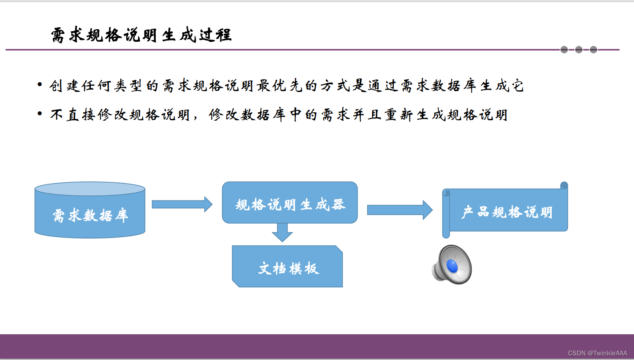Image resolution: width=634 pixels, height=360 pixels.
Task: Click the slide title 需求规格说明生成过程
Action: [x=141, y=35]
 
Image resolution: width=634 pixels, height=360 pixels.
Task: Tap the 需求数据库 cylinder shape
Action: [x=90, y=216]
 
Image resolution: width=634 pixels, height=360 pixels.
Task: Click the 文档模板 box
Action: [x=288, y=268]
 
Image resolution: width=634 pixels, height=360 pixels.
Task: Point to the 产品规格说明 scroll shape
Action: [x=507, y=211]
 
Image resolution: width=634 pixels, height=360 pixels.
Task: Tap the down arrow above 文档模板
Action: [x=282, y=233]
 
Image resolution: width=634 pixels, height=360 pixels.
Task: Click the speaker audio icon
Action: [x=452, y=265]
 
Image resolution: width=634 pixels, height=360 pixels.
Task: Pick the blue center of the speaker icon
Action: [x=452, y=266]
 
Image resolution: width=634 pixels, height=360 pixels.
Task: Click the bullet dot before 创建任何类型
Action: [x=40, y=85]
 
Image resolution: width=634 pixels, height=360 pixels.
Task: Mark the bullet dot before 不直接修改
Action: [x=40, y=114]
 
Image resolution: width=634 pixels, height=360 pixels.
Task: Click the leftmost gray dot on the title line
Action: [x=564, y=50]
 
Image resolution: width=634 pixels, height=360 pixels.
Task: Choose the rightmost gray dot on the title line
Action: [x=593, y=50]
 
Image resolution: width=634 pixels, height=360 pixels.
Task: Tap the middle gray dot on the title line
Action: [x=579, y=50]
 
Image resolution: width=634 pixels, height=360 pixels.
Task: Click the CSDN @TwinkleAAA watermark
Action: [x=597, y=353]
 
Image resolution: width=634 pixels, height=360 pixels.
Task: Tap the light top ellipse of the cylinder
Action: [x=90, y=189]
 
